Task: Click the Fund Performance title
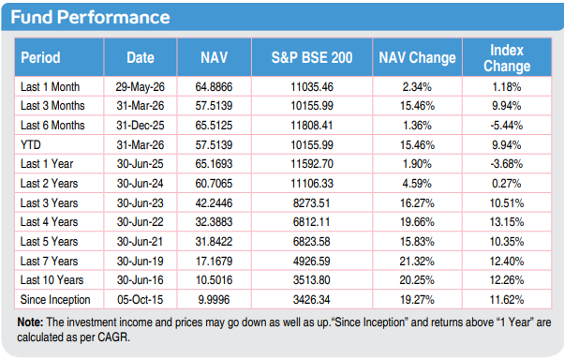click(x=90, y=17)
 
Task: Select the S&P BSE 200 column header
click(x=312, y=57)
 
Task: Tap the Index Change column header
click(x=507, y=57)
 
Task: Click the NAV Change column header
click(x=417, y=57)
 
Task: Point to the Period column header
click(x=40, y=57)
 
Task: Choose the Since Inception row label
click(x=55, y=299)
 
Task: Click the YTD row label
click(x=31, y=144)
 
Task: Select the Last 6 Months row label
click(x=52, y=126)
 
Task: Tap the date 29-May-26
click(x=140, y=87)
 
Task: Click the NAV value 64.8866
click(x=214, y=87)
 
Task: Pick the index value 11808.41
click(x=312, y=126)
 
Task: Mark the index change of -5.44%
click(x=507, y=126)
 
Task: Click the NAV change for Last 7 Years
click(x=417, y=261)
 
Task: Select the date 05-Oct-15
click(x=140, y=299)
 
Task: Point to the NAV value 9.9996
click(x=214, y=299)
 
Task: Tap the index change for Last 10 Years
click(x=507, y=280)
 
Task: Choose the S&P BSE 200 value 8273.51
click(x=311, y=203)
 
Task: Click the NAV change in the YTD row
click(x=417, y=144)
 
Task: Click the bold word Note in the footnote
click(x=30, y=322)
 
